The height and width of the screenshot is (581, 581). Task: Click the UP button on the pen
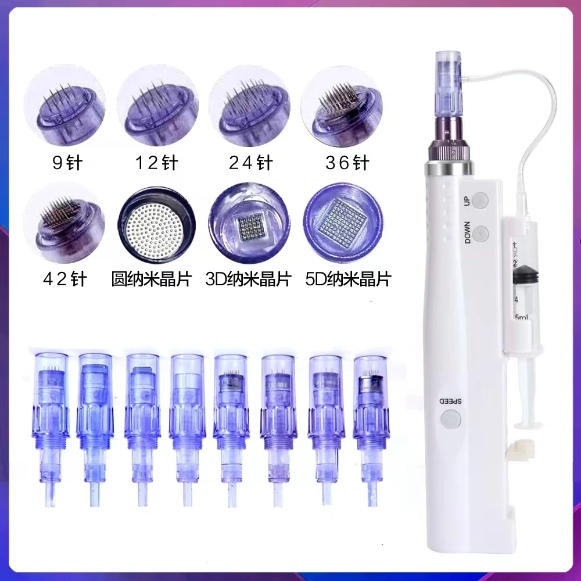(x=480, y=201)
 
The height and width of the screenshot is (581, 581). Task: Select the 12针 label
(x=155, y=163)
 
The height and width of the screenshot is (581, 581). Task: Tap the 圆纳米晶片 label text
(x=152, y=279)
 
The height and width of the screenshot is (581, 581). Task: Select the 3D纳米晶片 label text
(x=248, y=279)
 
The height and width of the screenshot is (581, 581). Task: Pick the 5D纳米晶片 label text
(x=348, y=279)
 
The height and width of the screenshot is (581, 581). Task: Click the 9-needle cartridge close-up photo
(x=64, y=106)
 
